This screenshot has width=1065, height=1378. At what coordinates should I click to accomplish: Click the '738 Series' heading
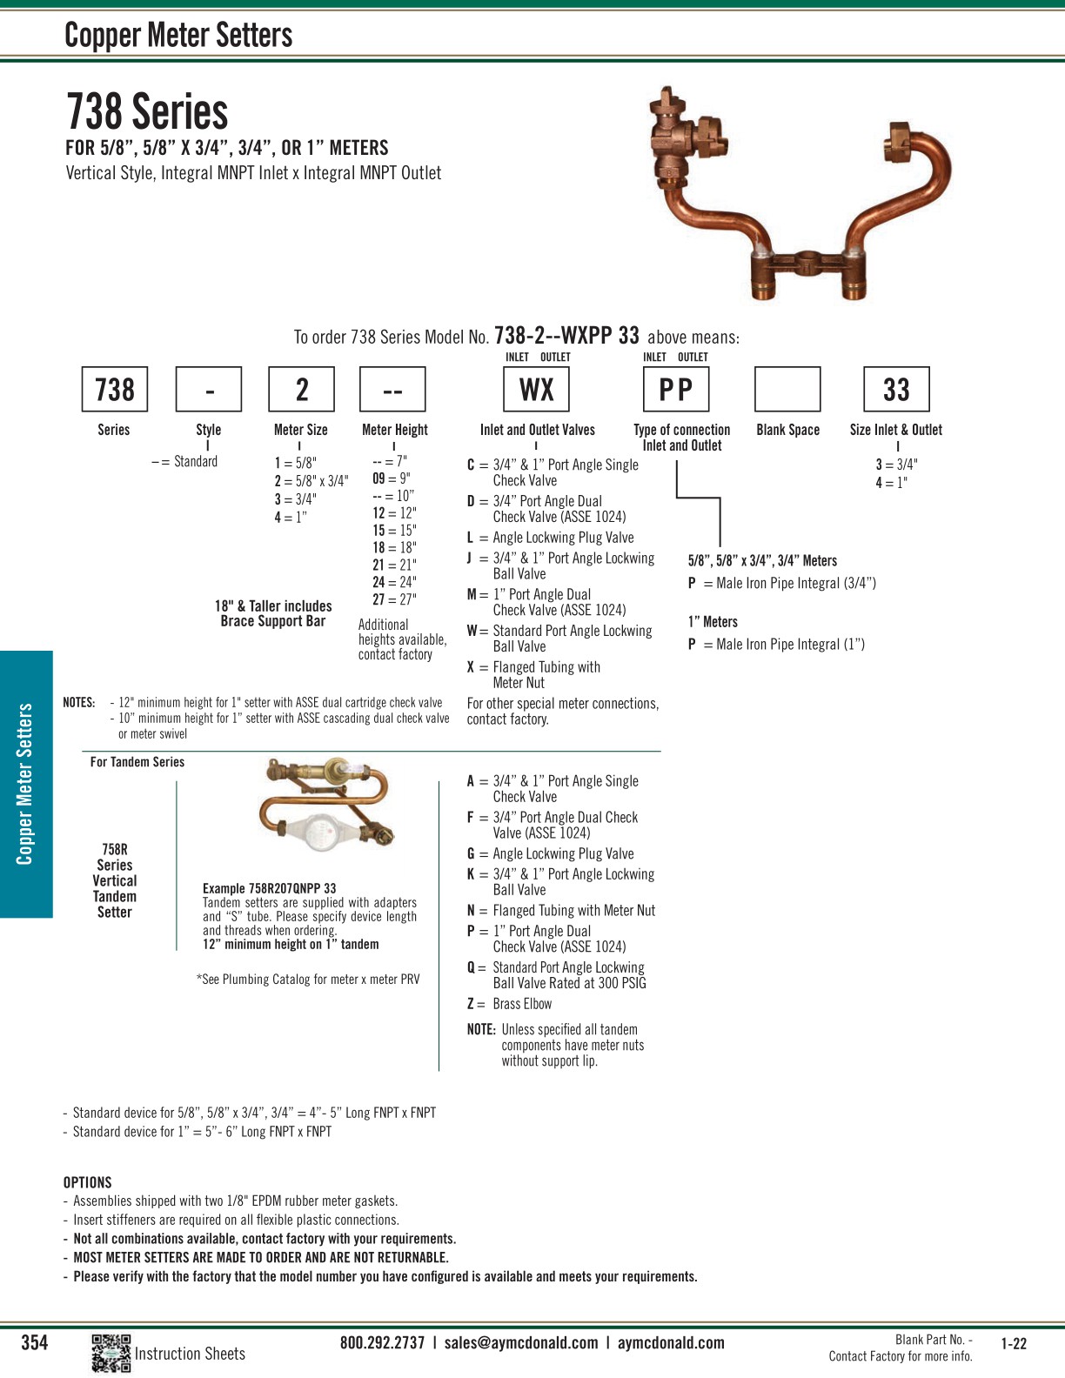[147, 112]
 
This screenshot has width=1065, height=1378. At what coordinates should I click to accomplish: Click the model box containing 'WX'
[536, 389]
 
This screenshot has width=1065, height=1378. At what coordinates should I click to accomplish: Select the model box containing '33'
[896, 389]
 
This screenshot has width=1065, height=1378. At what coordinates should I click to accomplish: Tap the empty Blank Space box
[787, 389]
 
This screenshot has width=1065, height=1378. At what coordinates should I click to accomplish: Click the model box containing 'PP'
[676, 389]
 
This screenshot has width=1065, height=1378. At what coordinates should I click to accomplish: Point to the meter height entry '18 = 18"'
[394, 547]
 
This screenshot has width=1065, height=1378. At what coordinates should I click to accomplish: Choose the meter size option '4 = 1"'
[291, 518]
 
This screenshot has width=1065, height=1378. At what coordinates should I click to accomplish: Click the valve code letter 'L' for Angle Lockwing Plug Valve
[470, 538]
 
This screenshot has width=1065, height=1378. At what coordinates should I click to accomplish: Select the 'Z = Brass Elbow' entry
[510, 1004]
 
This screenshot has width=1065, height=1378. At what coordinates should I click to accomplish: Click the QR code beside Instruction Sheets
[111, 1353]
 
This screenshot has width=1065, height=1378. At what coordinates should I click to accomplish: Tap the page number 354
[35, 1342]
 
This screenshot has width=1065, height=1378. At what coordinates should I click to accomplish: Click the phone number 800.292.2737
[382, 1342]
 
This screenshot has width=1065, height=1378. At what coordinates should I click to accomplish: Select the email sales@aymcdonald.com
[521, 1342]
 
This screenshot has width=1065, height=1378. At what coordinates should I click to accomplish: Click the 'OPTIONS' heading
[87, 1182]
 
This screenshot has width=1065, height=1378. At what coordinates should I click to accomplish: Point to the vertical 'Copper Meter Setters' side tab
[25, 784]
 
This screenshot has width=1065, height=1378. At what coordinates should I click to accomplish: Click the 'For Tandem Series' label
[137, 762]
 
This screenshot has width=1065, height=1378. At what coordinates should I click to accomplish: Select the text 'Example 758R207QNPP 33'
[269, 888]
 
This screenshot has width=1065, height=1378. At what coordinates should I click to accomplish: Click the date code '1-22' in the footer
[1014, 1343]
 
